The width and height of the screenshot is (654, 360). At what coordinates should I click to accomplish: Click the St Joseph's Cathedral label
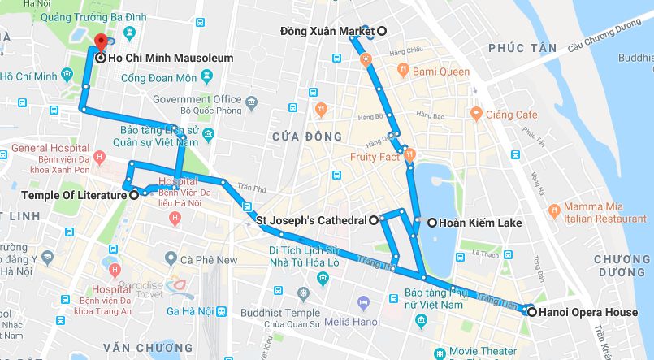pyautogui.click(x=312, y=220)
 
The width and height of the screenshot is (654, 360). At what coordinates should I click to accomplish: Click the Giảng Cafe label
pyautogui.click(x=511, y=115)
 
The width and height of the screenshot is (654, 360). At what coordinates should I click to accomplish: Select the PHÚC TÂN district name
pyautogui.click(x=522, y=48)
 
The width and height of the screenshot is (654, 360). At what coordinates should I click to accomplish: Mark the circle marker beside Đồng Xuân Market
pyautogui.click(x=380, y=31)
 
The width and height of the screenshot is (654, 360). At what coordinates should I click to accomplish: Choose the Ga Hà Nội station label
pyautogui.click(x=189, y=311)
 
